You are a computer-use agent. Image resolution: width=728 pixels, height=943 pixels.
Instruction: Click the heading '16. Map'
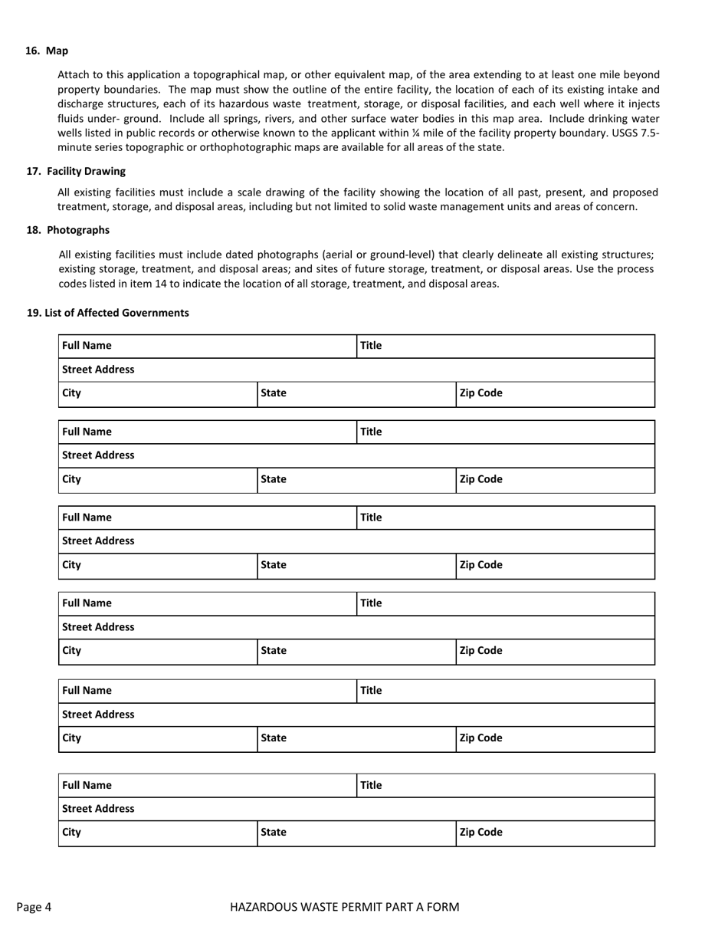pyautogui.click(x=47, y=51)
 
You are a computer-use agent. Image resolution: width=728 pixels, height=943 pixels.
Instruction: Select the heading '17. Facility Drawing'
pyautogui.click(x=76, y=171)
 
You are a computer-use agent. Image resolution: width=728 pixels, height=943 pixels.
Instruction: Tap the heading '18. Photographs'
pyautogui.click(x=68, y=230)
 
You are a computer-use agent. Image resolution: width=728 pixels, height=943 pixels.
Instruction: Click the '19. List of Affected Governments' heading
pyautogui.click(x=107, y=313)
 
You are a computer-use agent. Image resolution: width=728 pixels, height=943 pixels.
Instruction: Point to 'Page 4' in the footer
pyautogui.click(x=34, y=907)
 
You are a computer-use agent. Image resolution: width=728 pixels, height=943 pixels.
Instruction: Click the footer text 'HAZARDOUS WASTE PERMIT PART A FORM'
pyautogui.click(x=345, y=907)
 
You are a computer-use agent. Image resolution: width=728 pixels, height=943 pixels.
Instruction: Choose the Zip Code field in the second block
pyautogui.click(x=575, y=480)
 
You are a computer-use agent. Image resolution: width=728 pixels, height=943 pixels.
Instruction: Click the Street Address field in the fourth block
pyautogui.click(x=383, y=627)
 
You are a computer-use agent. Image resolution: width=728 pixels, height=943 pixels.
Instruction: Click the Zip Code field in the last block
pyautogui.click(x=575, y=833)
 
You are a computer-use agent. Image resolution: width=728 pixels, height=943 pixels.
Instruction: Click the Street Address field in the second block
pyautogui.click(x=383, y=455)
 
